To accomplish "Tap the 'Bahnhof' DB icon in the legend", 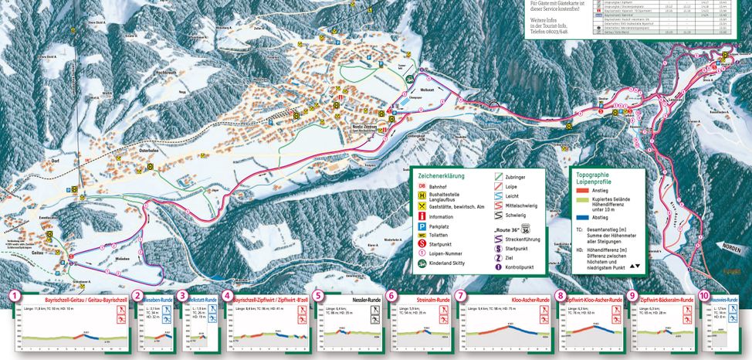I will point(422,185).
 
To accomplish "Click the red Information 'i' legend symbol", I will point(422,217).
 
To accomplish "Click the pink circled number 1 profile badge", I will point(13,295).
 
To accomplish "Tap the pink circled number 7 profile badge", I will point(461,295).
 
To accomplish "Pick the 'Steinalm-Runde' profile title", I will point(433,298).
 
